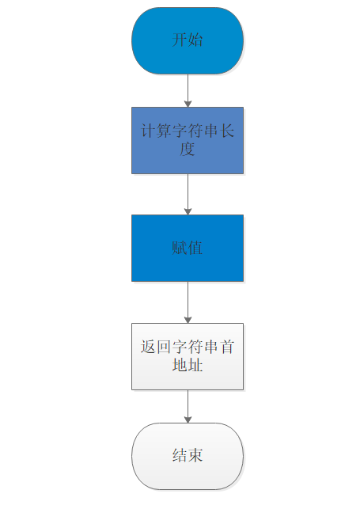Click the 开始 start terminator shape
[x=188, y=41]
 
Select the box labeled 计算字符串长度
[x=188, y=140]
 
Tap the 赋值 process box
[x=188, y=248]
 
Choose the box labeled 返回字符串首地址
[x=188, y=356]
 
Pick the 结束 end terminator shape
[x=188, y=456]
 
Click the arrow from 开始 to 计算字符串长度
[x=188, y=90]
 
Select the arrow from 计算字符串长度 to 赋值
[x=188, y=194]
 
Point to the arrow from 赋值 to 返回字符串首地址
[x=188, y=302]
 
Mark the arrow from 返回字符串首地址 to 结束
[x=188, y=406]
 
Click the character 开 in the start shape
[x=180, y=40]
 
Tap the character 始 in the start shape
[x=195, y=40]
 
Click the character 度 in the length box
[x=188, y=149]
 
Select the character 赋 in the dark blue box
[x=180, y=248]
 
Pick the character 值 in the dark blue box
[x=195, y=248]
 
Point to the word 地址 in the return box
[x=188, y=365]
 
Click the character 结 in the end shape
[x=180, y=455]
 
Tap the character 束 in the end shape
[x=195, y=455]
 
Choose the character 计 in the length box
[x=148, y=131]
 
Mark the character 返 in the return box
[x=148, y=347]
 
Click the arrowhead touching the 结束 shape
[x=188, y=420]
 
